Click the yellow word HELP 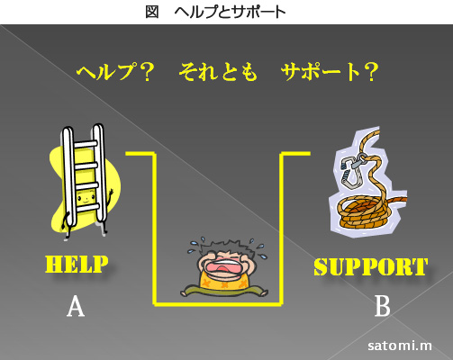[x=77, y=265]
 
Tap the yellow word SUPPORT [x=371, y=266]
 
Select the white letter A [x=76, y=306]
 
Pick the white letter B [x=383, y=306]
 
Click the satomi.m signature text [x=400, y=346]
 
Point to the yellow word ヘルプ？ [x=115, y=72]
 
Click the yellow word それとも [x=218, y=72]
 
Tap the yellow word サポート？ [x=330, y=72]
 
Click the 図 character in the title [x=152, y=13]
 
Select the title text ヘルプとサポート [x=230, y=13]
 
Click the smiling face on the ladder [x=86, y=198]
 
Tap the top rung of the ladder [x=86, y=144]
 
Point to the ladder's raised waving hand [x=111, y=193]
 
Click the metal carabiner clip [x=352, y=172]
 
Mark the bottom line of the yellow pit [x=218, y=304]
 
